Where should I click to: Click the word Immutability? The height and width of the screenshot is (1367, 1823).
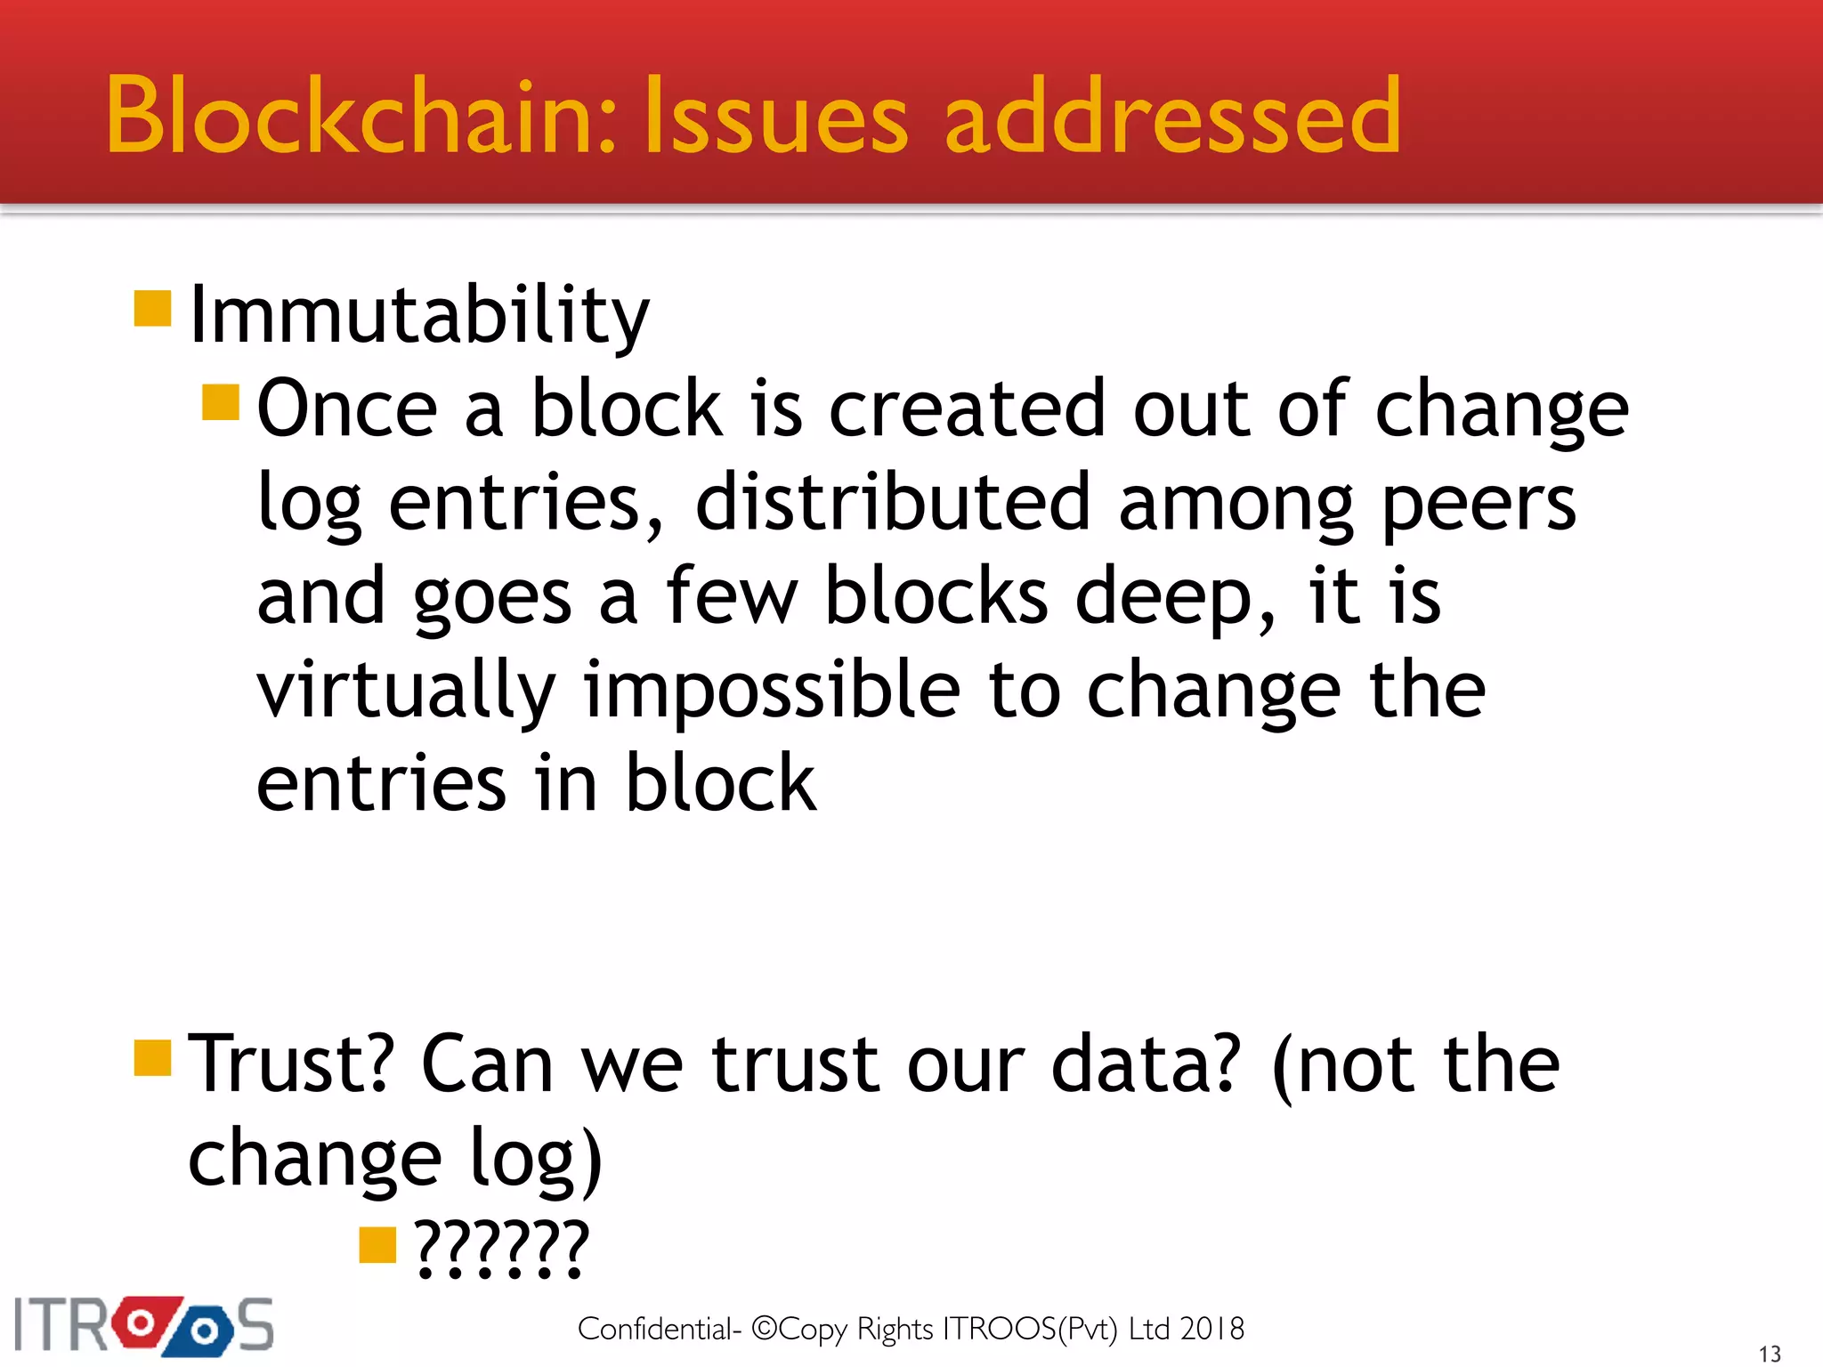[x=419, y=316]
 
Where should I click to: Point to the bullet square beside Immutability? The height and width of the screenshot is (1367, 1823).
[x=152, y=309]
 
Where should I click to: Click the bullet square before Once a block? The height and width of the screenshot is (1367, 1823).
[x=221, y=402]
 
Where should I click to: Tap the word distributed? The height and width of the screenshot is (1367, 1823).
[x=892, y=503]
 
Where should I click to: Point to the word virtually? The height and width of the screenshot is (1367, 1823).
[x=406, y=692]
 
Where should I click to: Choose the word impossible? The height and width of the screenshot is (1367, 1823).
[x=772, y=692]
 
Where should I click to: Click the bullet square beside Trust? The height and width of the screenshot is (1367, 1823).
[x=152, y=1057]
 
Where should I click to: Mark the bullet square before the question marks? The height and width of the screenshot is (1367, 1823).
[x=377, y=1245]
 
